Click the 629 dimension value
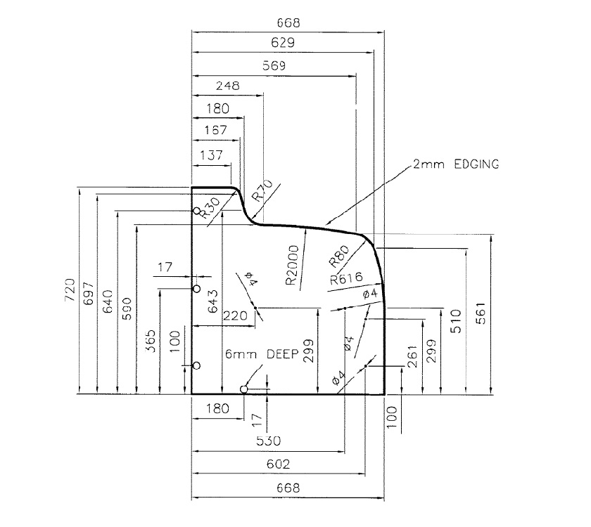coord(284,44)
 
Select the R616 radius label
coord(345,278)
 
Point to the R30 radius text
coord(206,208)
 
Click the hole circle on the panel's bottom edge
coord(244,389)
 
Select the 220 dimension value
coord(236,316)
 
